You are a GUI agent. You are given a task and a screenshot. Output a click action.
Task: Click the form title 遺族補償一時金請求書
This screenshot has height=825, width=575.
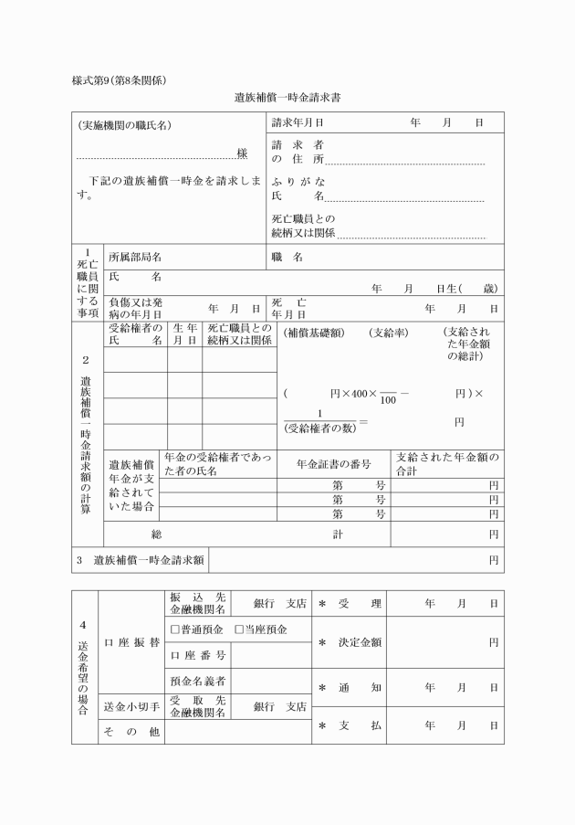click(x=287, y=96)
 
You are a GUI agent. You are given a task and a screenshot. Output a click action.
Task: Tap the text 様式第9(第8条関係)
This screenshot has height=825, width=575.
click(x=119, y=79)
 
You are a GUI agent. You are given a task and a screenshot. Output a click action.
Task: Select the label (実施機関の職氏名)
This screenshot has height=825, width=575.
click(x=124, y=124)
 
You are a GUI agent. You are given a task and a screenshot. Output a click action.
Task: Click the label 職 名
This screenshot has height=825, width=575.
click(x=287, y=257)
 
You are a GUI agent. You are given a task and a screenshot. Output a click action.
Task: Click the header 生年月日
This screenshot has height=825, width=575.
click(x=184, y=333)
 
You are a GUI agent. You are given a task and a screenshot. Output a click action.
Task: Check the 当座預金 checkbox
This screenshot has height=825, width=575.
click(x=239, y=629)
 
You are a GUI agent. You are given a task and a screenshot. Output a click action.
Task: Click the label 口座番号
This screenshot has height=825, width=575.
click(x=197, y=654)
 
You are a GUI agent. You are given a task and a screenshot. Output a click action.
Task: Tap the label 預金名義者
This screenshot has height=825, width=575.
click(x=197, y=681)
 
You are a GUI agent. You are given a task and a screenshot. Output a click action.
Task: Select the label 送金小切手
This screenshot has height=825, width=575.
click(x=131, y=706)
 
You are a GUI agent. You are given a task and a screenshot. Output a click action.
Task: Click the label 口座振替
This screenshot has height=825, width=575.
click(x=131, y=642)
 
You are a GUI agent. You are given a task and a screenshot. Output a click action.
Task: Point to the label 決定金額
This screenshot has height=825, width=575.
click(x=359, y=642)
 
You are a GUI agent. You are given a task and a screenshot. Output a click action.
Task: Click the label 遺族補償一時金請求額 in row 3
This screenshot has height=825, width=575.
click(x=148, y=560)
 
